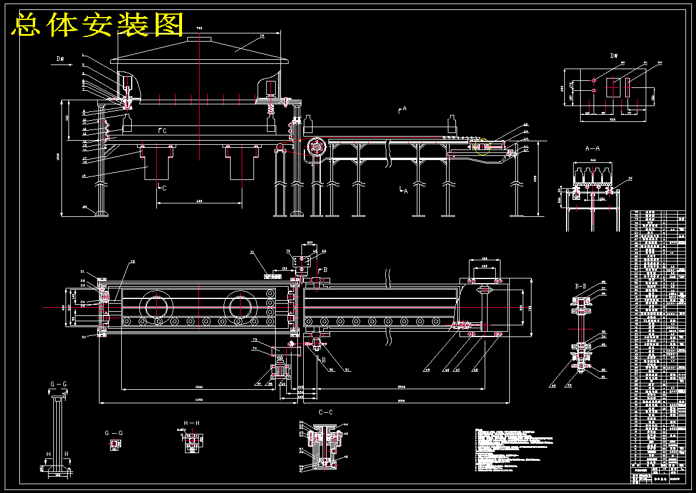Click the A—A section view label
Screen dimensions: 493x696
(x=593, y=149)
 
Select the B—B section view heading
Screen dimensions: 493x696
(x=581, y=286)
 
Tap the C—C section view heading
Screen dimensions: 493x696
(x=325, y=412)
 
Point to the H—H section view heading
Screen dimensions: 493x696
(x=192, y=423)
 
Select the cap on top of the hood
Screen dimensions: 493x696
(x=200, y=39)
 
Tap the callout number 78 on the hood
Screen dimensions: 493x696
(x=262, y=36)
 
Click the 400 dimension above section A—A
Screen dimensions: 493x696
(x=592, y=159)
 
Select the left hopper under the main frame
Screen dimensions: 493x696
(x=157, y=162)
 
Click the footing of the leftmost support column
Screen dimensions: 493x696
(x=101, y=213)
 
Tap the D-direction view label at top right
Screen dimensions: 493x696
(x=614, y=56)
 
